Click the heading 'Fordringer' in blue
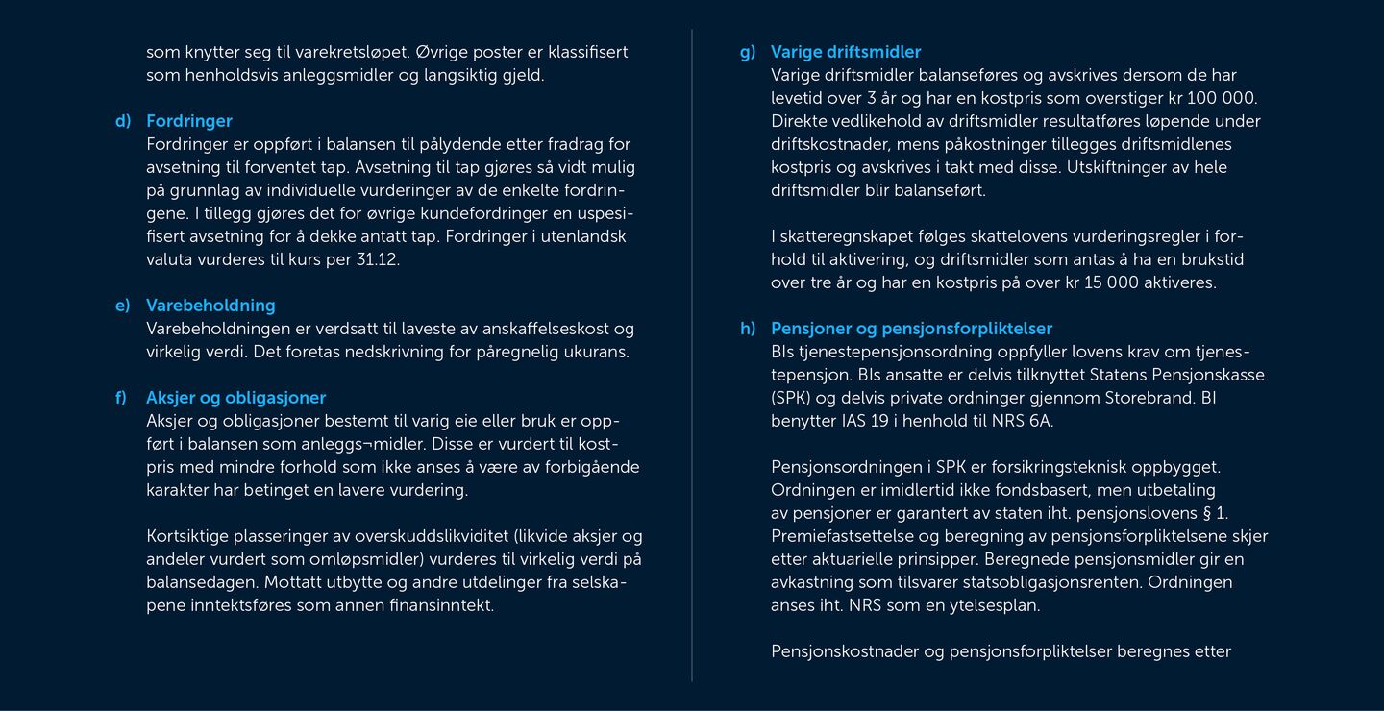click(x=188, y=121)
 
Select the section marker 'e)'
click(x=122, y=306)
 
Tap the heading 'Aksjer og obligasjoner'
click(x=235, y=398)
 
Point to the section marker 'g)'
click(x=747, y=52)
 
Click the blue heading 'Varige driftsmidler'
click(x=845, y=52)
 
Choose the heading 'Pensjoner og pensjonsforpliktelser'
click(x=911, y=329)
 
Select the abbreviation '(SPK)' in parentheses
click(x=792, y=398)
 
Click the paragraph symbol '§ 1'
click(x=1215, y=513)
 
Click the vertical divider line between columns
click(x=692, y=355)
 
